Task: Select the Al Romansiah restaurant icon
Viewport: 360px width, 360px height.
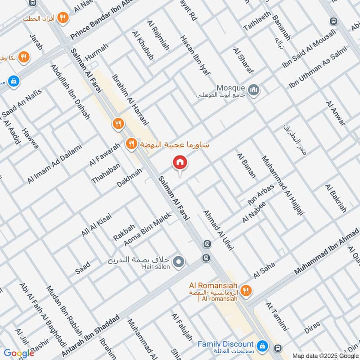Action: coord(245,290)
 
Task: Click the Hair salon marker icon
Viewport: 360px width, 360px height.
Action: coord(179,261)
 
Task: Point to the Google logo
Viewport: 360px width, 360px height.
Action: coord(19,353)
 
